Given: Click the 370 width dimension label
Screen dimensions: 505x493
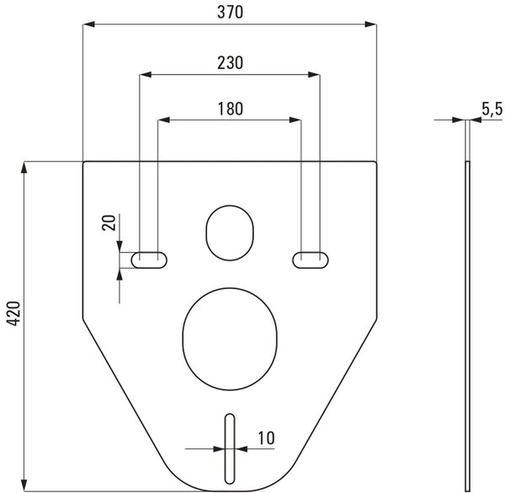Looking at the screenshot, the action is coord(230,13).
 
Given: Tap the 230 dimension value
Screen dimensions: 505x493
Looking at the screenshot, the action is coord(230,63).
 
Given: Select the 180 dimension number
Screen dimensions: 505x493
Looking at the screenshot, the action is coord(231,109).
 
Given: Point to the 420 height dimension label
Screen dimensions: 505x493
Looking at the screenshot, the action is coord(13,313).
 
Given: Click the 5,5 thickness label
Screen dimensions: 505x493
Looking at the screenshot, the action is coord(492,109).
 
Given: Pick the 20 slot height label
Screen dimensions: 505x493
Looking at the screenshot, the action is coord(109,222).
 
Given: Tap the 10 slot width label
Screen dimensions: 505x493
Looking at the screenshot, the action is coord(266,438).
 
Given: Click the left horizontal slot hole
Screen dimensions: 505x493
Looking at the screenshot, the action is coord(149,260).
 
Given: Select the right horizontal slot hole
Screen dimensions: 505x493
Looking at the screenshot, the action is coord(311,260).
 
